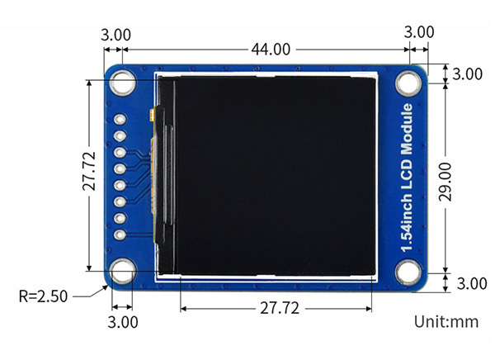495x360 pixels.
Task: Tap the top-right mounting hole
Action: pos(408,83)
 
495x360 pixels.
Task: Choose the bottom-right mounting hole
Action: pos(408,270)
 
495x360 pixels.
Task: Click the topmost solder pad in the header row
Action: pos(120,119)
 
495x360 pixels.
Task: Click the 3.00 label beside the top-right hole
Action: pos(468,73)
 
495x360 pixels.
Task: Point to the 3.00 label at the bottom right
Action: pos(471,284)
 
